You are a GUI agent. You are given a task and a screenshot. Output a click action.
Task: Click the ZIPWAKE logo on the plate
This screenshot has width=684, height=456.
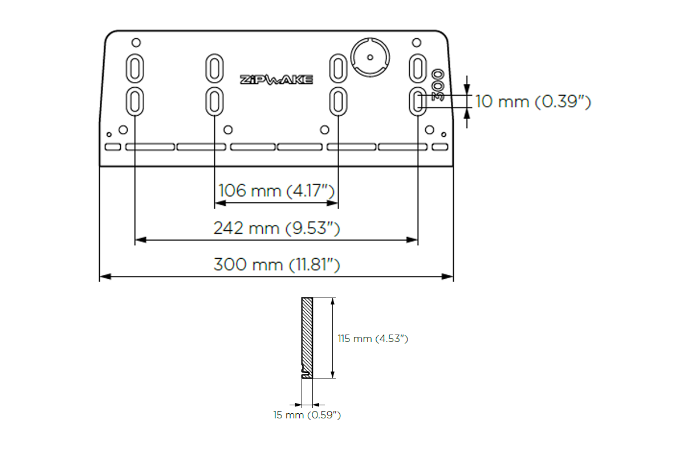point(276,80)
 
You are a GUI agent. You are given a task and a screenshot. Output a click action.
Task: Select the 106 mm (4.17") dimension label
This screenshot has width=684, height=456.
point(276,190)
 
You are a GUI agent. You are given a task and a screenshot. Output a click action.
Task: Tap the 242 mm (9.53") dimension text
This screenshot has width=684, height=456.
point(276,228)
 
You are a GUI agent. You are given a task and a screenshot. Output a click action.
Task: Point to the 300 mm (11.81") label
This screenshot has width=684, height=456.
point(276,264)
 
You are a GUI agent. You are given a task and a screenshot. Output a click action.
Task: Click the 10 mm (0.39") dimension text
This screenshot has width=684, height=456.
point(533,102)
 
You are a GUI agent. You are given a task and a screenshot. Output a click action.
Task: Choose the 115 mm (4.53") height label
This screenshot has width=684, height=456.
point(373,339)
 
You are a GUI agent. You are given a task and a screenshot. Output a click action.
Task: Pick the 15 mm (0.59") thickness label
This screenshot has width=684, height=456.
point(307,415)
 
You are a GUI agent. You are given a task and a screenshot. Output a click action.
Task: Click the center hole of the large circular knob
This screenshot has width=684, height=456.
point(369,57)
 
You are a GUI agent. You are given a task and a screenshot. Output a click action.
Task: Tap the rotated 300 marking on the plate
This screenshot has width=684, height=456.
point(438,85)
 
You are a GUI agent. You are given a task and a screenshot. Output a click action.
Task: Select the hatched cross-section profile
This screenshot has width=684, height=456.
point(307,336)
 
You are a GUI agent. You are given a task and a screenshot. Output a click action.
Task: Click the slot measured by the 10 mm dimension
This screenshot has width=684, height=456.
point(417,101)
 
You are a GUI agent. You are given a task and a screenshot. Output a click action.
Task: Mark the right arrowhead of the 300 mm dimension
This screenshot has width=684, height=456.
point(449,277)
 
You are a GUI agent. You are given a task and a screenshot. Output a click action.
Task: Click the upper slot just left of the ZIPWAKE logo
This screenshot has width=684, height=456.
point(214,68)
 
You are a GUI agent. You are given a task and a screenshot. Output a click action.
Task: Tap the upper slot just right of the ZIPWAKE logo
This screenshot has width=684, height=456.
point(339,68)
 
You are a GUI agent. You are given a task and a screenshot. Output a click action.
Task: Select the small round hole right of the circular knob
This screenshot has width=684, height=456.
point(417,42)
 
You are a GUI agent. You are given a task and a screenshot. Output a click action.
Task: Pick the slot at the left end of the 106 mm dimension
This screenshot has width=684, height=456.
point(214,101)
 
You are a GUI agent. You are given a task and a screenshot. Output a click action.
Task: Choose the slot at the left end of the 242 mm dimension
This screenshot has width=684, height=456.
point(135,101)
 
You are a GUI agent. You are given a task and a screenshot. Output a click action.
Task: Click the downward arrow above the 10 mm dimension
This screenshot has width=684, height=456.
point(467,88)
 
